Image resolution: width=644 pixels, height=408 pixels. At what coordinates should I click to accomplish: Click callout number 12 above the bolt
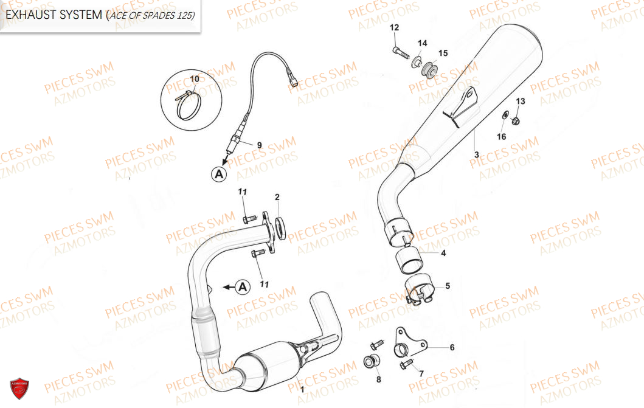pyautogui.click(x=394, y=27)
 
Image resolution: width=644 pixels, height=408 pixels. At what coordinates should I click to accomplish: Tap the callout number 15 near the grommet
pyautogui.click(x=443, y=53)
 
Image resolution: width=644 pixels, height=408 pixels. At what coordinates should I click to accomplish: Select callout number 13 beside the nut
pyautogui.click(x=521, y=101)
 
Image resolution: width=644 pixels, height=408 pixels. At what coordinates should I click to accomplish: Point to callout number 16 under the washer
pyautogui.click(x=502, y=136)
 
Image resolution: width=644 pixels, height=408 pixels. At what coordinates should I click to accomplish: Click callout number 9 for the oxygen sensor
pyautogui.click(x=259, y=145)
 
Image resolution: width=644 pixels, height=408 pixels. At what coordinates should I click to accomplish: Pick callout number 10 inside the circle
pyautogui.click(x=194, y=78)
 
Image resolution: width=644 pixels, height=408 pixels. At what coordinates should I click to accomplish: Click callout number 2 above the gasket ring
pyautogui.click(x=277, y=197)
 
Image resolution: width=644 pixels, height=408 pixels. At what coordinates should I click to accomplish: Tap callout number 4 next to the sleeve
pyautogui.click(x=443, y=253)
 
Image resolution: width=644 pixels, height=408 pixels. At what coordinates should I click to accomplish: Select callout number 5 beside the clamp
pyautogui.click(x=448, y=286)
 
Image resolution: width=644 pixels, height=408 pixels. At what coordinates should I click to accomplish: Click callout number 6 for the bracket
pyautogui.click(x=452, y=347)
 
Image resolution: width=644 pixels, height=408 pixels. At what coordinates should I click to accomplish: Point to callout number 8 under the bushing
pyautogui.click(x=379, y=379)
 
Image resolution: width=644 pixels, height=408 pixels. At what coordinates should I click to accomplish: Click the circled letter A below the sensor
pyautogui.click(x=220, y=174)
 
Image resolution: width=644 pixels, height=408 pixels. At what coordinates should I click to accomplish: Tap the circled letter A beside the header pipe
pyautogui.click(x=243, y=286)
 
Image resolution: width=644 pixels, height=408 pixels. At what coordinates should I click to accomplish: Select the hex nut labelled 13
pyautogui.click(x=516, y=120)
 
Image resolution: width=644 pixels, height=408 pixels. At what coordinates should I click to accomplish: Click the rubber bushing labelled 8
pyautogui.click(x=372, y=361)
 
